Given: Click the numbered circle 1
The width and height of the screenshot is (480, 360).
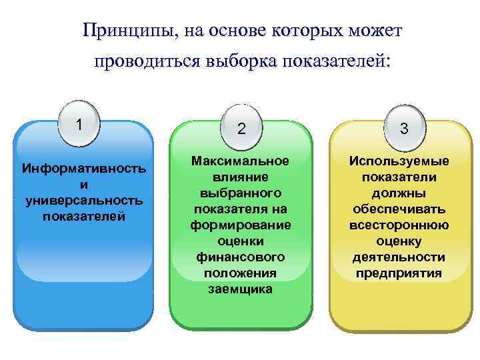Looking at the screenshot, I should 79,125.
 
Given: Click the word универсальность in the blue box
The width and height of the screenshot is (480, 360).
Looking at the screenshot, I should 83,200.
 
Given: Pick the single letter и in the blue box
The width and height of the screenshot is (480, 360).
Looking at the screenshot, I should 83,184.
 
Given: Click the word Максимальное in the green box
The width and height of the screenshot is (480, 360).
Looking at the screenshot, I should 240,161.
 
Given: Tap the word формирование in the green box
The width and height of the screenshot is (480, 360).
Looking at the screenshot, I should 240,225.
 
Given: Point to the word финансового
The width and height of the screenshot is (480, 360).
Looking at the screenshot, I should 240,257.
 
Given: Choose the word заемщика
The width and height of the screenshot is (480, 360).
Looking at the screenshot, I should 240,289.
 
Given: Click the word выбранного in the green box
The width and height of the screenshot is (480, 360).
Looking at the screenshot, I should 240,193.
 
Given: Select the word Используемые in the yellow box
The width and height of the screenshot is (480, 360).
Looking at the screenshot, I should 399,161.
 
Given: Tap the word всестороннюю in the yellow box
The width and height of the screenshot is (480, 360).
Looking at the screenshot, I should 399,225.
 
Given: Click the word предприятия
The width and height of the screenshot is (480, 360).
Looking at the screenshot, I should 399,273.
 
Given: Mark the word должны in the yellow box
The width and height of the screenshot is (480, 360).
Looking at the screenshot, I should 399,193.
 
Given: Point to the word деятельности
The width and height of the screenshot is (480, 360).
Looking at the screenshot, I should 399,257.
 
